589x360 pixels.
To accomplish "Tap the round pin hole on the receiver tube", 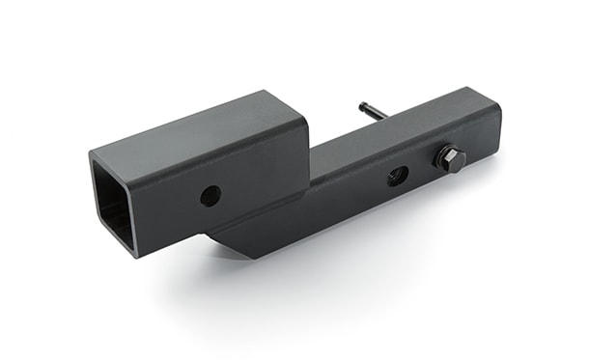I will click(x=210, y=195).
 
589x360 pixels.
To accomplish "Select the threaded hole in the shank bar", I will click(x=397, y=176).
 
